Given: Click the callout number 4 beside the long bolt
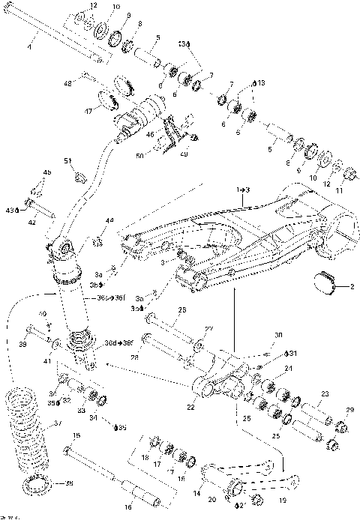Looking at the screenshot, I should [30, 46].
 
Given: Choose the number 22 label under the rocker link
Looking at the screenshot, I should [190, 407].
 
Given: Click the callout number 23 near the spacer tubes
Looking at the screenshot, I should [325, 393].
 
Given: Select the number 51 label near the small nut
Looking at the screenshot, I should [67, 160].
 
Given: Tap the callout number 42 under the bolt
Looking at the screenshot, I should [32, 222].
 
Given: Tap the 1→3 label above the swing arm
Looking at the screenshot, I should [243, 191].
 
